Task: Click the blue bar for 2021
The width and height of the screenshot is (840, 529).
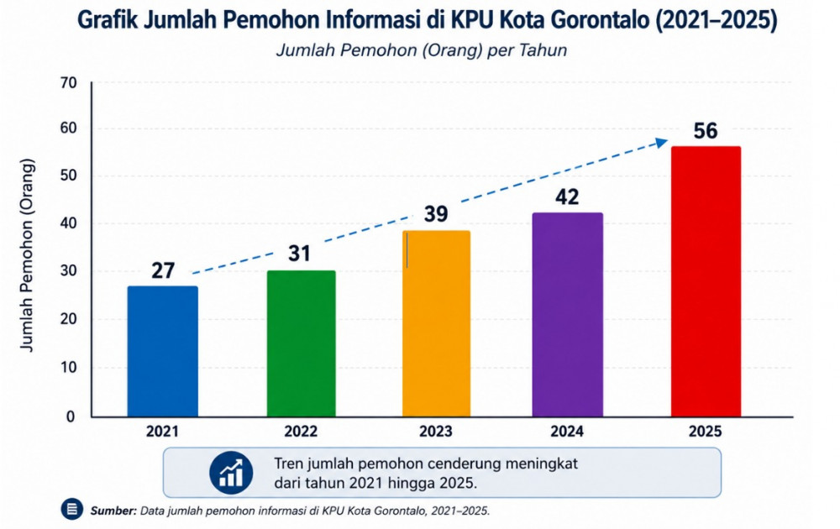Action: click(x=162, y=351)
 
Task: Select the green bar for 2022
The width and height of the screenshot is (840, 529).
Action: click(x=301, y=343)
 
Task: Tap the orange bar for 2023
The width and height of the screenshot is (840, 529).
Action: click(x=436, y=323)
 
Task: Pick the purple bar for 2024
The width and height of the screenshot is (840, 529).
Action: click(x=567, y=314)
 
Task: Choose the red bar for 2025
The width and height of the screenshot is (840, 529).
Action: click(x=706, y=281)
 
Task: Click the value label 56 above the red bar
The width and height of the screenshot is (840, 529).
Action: click(x=705, y=131)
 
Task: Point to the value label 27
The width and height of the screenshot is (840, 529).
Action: click(x=163, y=270)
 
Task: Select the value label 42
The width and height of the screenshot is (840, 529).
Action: click(x=567, y=197)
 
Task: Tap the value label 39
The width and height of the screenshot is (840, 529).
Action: click(x=435, y=213)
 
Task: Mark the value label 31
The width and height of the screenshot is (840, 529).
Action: click(x=299, y=254)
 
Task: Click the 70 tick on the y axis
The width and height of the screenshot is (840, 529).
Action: click(x=69, y=82)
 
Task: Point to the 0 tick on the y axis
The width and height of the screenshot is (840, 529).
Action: click(x=71, y=416)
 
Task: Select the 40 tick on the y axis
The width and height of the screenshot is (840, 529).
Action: click(x=69, y=223)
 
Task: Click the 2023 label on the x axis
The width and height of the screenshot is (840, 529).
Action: click(x=435, y=431)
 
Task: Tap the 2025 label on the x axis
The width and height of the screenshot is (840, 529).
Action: click(x=705, y=431)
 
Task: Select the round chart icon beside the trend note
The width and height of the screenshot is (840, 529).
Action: click(x=231, y=473)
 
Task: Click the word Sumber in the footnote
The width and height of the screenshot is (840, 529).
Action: click(x=113, y=511)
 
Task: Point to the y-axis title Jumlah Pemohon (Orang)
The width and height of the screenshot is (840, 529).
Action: click(x=27, y=255)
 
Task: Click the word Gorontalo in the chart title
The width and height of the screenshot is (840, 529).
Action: click(x=595, y=20)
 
